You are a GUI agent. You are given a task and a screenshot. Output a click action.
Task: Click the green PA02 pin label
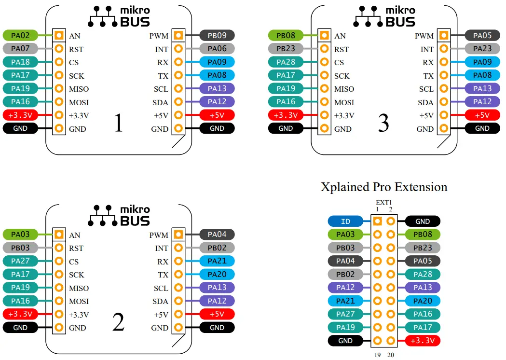point(20,35)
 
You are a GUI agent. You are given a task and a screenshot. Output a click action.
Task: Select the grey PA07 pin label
point(20,49)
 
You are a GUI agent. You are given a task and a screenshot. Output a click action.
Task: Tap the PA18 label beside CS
point(20,62)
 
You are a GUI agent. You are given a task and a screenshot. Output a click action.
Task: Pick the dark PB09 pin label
point(217,35)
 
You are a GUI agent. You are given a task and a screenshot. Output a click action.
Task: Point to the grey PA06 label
point(217,49)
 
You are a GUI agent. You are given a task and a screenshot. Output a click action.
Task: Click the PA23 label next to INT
point(482,49)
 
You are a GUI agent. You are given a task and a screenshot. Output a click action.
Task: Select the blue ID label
point(345,222)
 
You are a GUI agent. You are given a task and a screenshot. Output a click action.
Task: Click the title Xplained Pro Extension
point(384,187)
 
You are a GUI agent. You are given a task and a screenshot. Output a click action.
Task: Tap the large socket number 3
point(383,124)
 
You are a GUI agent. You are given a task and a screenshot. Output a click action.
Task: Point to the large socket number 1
point(118,124)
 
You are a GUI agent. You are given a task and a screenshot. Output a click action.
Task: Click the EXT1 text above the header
point(384,202)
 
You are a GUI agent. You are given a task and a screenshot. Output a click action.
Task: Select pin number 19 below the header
point(377,355)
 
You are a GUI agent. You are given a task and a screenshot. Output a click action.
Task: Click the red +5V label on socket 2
point(217,314)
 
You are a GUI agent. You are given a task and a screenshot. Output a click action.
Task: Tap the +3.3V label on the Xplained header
point(423,341)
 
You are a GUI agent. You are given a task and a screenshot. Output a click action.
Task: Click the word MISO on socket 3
point(344,89)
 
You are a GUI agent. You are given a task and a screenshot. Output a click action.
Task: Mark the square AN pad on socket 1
point(59,35)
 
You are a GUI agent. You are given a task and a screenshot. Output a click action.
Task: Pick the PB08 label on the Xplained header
point(423,235)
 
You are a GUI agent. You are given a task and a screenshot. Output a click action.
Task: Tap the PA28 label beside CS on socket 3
point(286,62)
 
